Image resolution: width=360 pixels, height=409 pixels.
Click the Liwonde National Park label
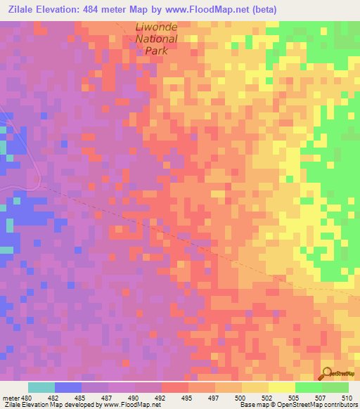(x=156, y=39)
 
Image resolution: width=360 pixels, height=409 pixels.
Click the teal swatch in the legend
(x=41, y=387)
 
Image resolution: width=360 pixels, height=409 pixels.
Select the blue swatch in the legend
(x=68, y=387)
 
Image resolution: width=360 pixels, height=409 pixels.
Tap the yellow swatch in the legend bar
(x=281, y=387)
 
